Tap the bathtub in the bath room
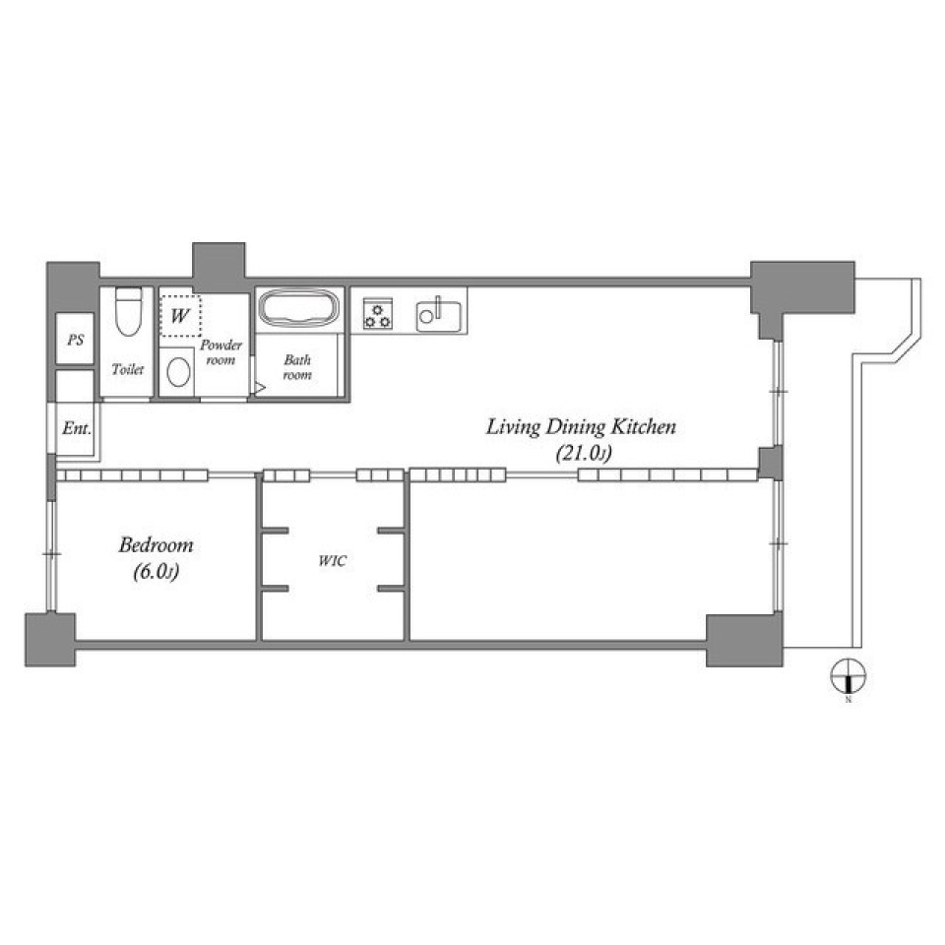pyautogui.click(x=299, y=309)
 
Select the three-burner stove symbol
pyautogui.click(x=377, y=314)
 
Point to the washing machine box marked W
pyautogui.click(x=180, y=316)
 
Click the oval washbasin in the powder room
pyautogui.click(x=178, y=371)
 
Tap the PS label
pyautogui.click(x=75, y=341)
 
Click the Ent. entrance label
pyautogui.click(x=76, y=429)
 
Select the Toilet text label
pyautogui.click(x=128, y=370)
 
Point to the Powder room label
pyautogui.click(x=220, y=352)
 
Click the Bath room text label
pyautogui.click(x=297, y=367)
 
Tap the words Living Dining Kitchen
pyautogui.click(x=581, y=427)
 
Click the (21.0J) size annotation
pyautogui.click(x=580, y=454)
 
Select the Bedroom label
pyautogui.click(x=156, y=544)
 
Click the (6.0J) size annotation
pyautogui.click(x=156, y=573)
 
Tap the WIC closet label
pyautogui.click(x=332, y=561)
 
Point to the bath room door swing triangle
pyautogui.click(x=260, y=388)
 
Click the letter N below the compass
pyautogui.click(x=848, y=700)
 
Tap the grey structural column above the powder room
pyautogui.click(x=219, y=266)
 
